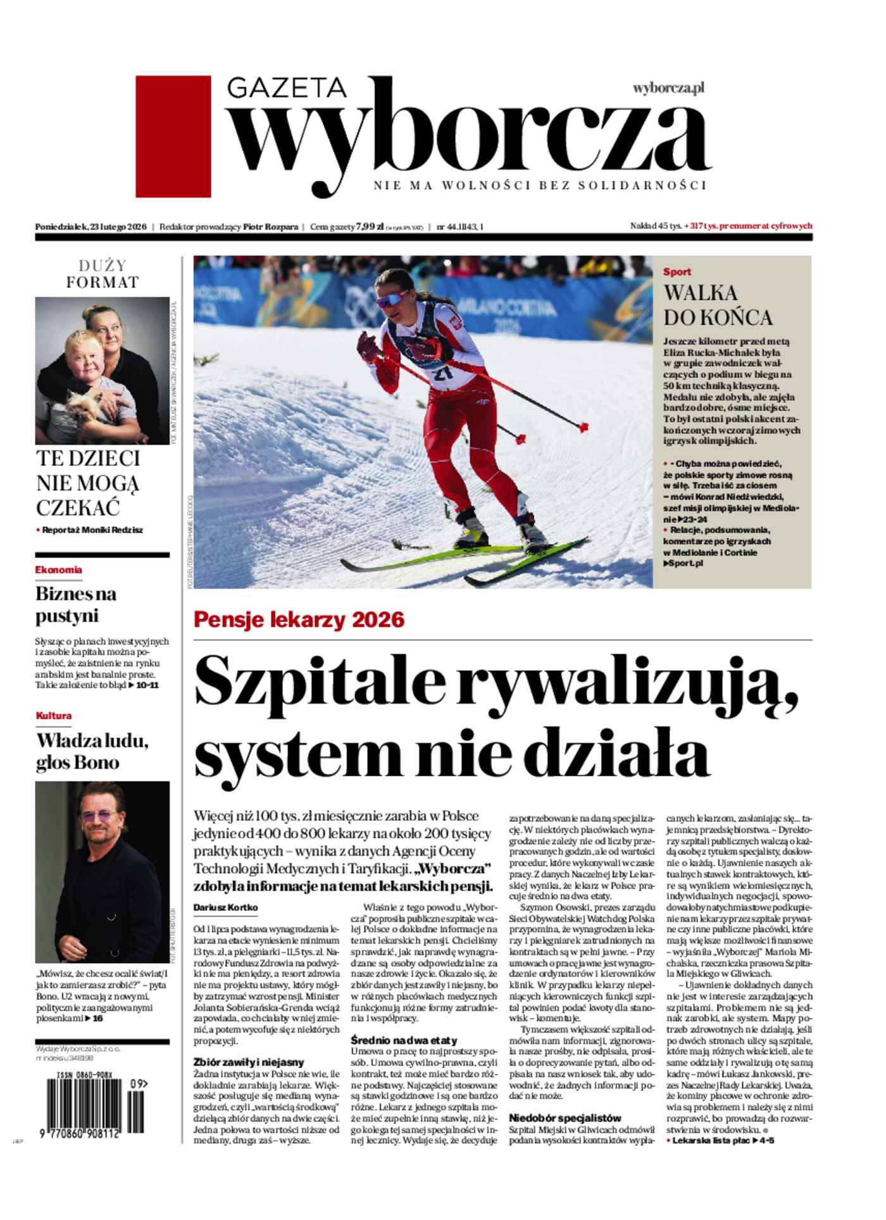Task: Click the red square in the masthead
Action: tap(173, 136)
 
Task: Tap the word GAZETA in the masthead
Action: tap(287, 87)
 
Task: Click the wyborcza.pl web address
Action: tap(668, 89)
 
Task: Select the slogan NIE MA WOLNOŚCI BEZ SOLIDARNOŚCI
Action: tap(539, 186)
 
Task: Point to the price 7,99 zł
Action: tap(370, 227)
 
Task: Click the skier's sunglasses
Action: tap(392, 297)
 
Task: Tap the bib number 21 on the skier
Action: tap(443, 372)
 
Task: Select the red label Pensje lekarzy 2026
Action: tap(299, 619)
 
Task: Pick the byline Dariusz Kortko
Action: tap(225, 907)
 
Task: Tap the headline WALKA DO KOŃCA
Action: tap(717, 304)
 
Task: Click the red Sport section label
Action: tap(677, 272)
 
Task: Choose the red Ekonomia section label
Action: tap(58, 570)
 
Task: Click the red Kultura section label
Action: tap(54, 716)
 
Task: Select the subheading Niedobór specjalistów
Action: tap(565, 1118)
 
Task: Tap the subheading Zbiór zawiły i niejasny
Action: tap(249, 1062)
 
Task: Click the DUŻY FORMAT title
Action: tap(102, 274)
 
